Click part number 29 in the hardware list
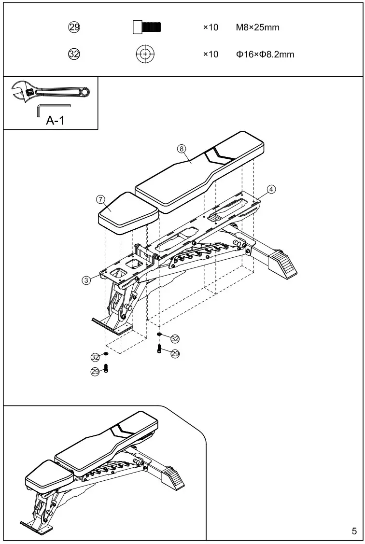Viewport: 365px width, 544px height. point(74,28)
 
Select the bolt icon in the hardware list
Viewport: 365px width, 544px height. point(147,28)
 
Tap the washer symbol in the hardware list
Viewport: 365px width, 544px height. point(145,54)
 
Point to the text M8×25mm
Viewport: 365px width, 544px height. point(257,28)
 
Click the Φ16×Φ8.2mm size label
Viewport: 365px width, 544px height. point(265,54)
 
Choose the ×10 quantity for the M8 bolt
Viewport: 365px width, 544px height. point(211,28)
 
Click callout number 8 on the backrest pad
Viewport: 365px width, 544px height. point(182,149)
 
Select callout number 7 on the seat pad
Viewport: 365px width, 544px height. point(100,199)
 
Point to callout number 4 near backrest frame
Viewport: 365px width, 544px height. point(271,189)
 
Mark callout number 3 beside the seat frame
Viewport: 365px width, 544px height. point(86,280)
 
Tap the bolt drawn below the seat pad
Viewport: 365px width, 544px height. point(106,368)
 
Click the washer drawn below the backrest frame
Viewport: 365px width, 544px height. point(159,334)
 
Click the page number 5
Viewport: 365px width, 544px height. point(354,531)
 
